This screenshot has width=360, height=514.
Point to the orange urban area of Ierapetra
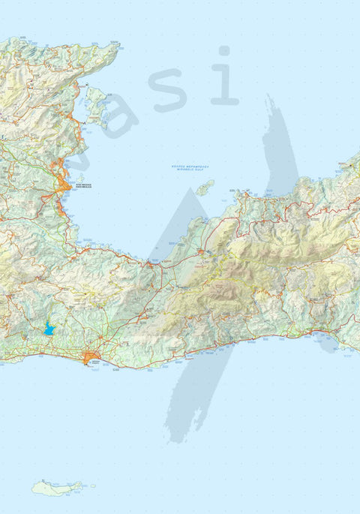[93, 358]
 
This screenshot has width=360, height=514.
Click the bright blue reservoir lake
[49, 329]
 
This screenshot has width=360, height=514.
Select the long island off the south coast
[55, 488]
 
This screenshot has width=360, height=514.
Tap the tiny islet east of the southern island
[82, 485]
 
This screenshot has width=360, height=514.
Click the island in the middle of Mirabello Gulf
[205, 187]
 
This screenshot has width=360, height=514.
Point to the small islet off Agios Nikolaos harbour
[79, 179]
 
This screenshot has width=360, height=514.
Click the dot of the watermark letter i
[223, 51]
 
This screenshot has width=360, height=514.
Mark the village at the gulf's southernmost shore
[152, 264]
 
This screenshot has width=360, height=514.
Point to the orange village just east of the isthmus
[203, 252]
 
